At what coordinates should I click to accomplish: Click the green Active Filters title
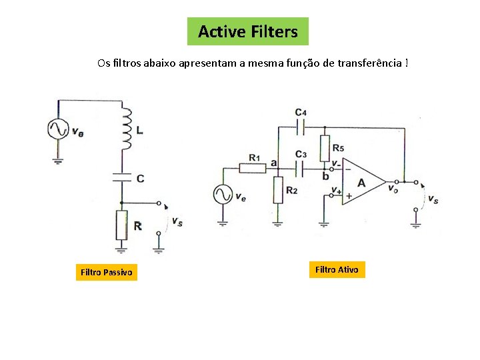[x=248, y=31]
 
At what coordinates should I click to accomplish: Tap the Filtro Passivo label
[x=106, y=272]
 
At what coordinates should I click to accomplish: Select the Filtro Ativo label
[x=336, y=269]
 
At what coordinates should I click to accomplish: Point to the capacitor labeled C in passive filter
[x=121, y=177]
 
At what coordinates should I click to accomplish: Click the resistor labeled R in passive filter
[x=121, y=225]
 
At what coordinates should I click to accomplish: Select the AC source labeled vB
[x=58, y=129]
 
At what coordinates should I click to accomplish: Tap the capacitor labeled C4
[x=301, y=124]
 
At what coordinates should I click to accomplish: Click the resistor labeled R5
[x=325, y=147]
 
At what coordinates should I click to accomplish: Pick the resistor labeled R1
[x=253, y=167]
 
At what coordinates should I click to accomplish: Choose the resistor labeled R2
[x=277, y=190]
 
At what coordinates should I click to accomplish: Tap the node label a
[x=274, y=162]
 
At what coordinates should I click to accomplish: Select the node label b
[x=325, y=176]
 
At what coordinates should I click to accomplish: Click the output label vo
[x=393, y=188]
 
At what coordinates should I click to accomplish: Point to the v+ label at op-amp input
[x=336, y=190]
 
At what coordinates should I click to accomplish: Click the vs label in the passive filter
[x=177, y=222]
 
